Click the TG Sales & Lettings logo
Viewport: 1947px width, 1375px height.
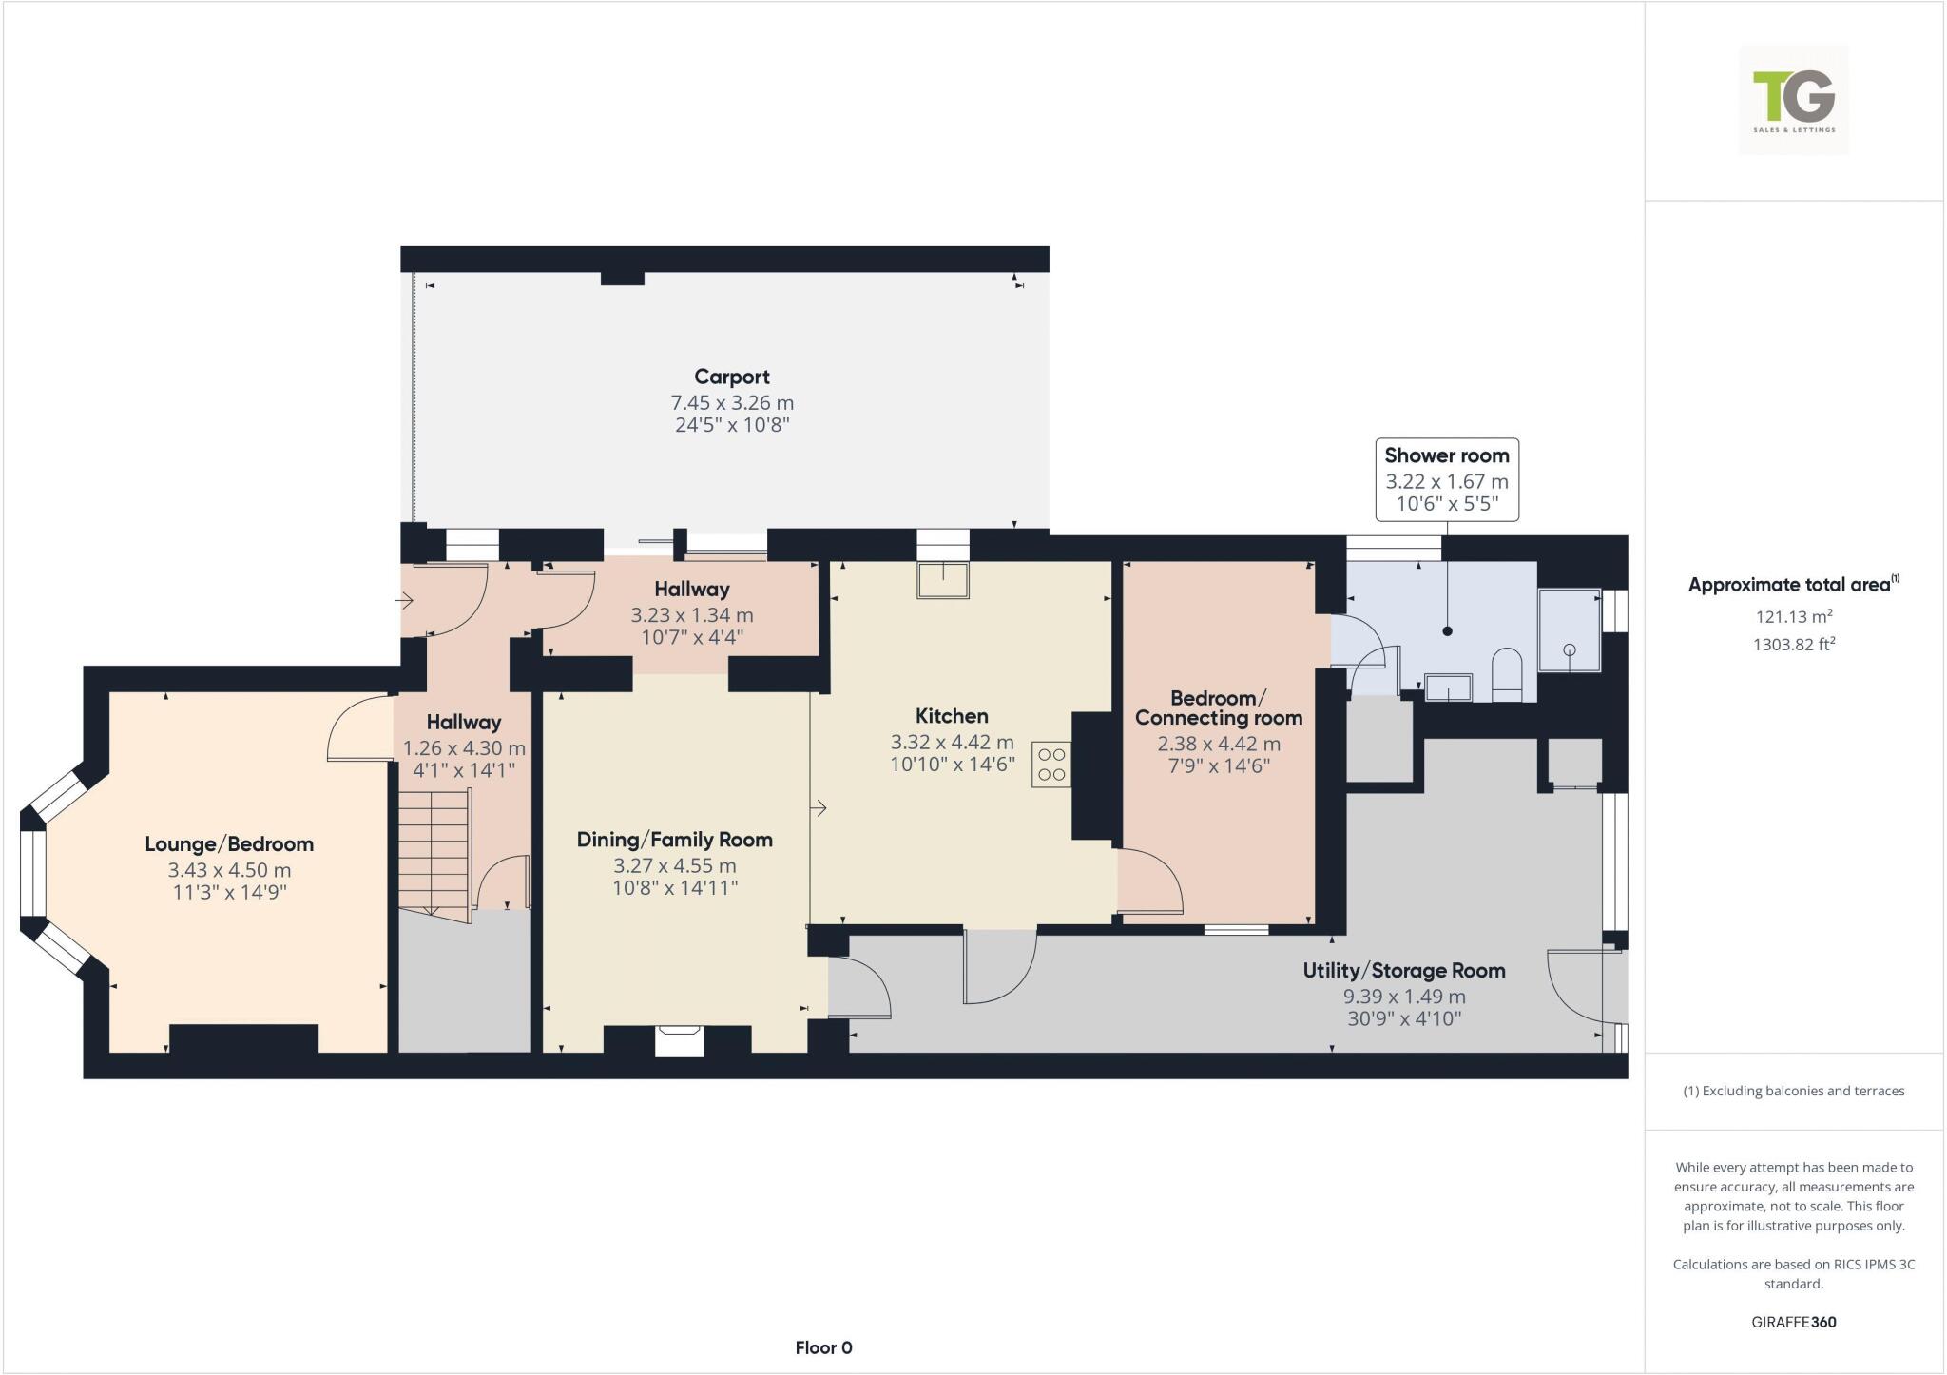coord(1793,100)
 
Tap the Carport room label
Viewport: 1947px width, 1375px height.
coord(731,377)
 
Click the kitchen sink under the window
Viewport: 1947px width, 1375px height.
coord(942,580)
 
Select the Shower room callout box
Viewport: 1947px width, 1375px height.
coord(1446,479)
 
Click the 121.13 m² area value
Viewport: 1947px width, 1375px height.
coord(1793,616)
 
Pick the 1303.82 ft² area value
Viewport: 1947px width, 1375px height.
coord(1793,645)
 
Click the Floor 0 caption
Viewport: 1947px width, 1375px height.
coord(823,1347)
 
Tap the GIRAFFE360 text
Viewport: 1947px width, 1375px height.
coord(1793,1322)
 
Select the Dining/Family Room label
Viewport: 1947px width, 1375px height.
coord(674,840)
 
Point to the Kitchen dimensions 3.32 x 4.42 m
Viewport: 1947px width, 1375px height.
coord(952,742)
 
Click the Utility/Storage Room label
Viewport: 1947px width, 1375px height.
coord(1403,971)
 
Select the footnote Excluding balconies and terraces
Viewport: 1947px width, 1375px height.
coord(1793,1091)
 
